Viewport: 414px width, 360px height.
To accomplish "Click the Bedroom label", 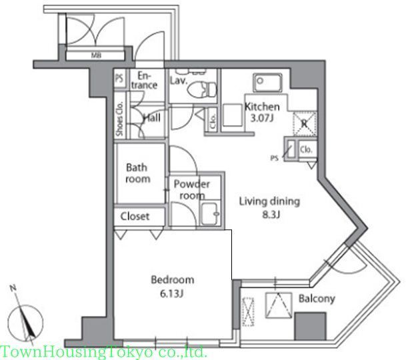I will (172, 280).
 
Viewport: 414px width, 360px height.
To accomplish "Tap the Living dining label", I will (270, 201).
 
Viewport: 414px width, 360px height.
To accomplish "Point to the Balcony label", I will (316, 299).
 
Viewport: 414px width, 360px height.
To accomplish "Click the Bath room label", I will (137, 173).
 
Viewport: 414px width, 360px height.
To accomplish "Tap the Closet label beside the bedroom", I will (135, 217).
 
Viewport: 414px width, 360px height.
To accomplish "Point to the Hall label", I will (151, 117).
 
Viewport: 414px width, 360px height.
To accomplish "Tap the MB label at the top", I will (95, 56).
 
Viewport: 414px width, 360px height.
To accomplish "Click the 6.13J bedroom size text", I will (172, 292).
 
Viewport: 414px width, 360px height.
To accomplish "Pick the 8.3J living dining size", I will (270, 214).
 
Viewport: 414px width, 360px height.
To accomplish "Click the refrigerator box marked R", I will (304, 122).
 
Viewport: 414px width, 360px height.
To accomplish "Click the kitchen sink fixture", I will (269, 84).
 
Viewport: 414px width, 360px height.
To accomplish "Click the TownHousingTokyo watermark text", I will (104, 352).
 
